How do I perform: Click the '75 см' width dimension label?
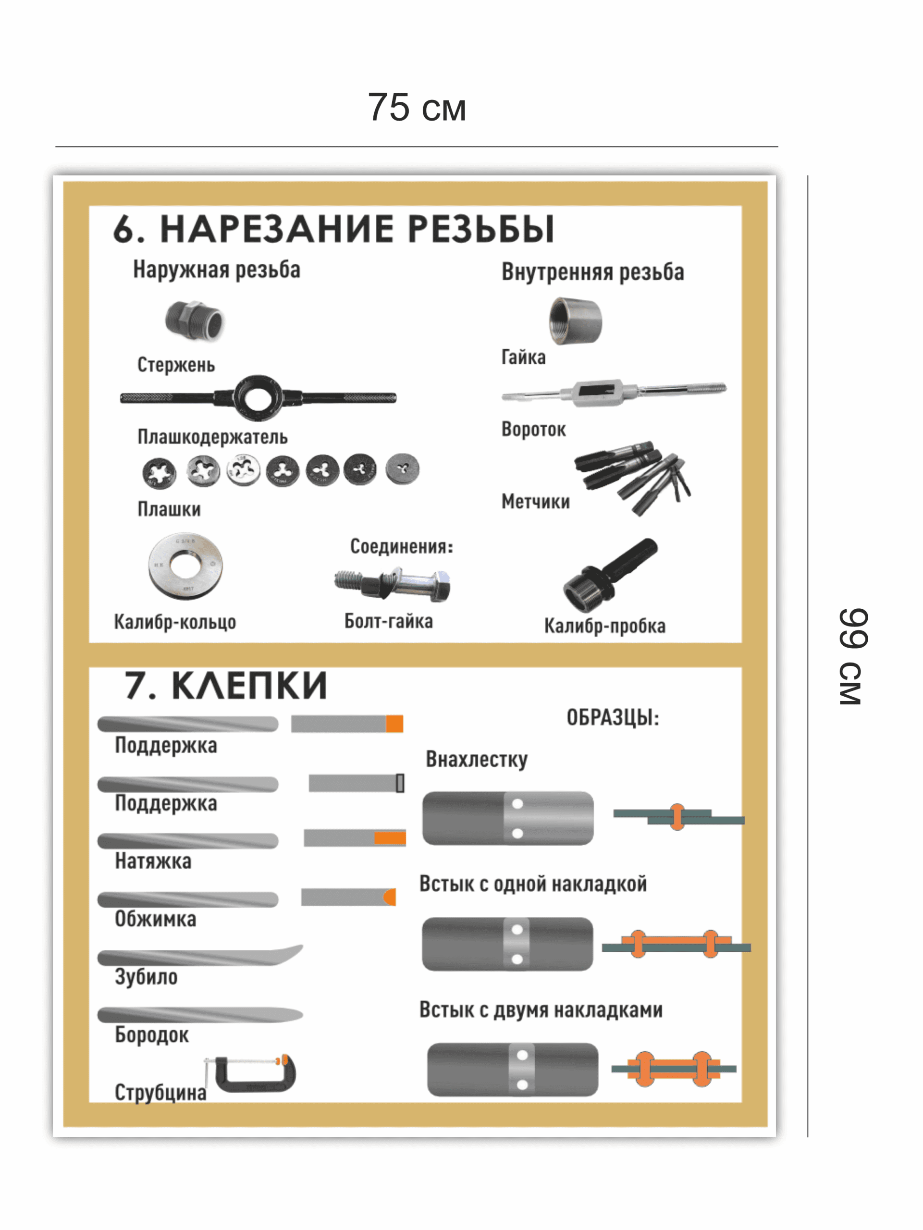point(417,107)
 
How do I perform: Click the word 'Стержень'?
point(176,365)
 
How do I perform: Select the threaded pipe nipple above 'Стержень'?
point(194,320)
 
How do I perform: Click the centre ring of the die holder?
point(258,397)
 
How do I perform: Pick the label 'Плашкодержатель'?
point(212,437)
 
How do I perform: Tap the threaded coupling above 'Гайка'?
point(575,321)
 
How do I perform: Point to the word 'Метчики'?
point(535,502)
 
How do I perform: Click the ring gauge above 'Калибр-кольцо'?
point(185,566)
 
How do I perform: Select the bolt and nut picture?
point(393,584)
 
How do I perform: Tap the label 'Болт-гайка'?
point(388,621)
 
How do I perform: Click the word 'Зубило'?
point(146,977)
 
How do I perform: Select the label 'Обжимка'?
point(155,919)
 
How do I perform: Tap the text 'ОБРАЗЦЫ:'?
point(613,717)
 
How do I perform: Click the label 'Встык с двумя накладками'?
point(541,1010)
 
